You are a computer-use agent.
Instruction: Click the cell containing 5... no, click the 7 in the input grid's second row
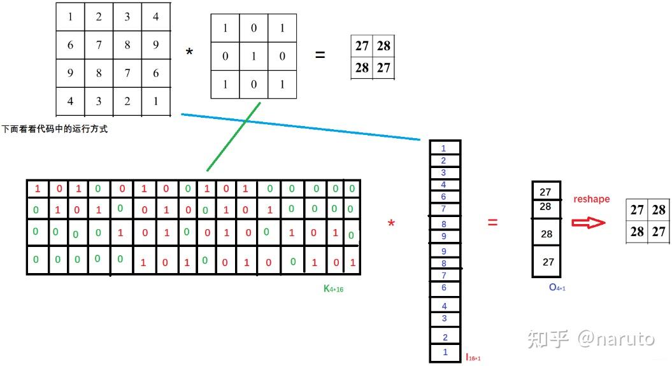coord(99,45)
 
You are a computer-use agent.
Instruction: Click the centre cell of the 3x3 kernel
coord(254,56)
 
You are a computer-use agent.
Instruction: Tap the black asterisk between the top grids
coord(189,52)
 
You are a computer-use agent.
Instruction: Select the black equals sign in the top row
coord(320,55)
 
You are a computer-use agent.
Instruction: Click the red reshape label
coord(591,199)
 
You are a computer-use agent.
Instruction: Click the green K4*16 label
coord(334,289)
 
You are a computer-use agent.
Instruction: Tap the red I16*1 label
coord(473,358)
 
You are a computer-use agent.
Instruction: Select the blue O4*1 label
coord(557,288)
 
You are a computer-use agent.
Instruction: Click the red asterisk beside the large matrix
coord(391,223)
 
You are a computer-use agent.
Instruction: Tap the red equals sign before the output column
coord(492,222)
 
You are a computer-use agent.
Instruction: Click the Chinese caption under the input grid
coord(55,129)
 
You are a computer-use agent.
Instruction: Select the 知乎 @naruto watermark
coord(590,339)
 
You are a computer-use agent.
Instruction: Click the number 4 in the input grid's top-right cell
coord(155,17)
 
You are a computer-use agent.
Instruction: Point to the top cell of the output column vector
coord(545,192)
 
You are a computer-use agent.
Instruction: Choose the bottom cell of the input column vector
coord(445,352)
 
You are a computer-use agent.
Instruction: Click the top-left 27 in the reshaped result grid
coord(637,210)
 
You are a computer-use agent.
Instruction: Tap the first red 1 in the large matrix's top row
coord(37,189)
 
